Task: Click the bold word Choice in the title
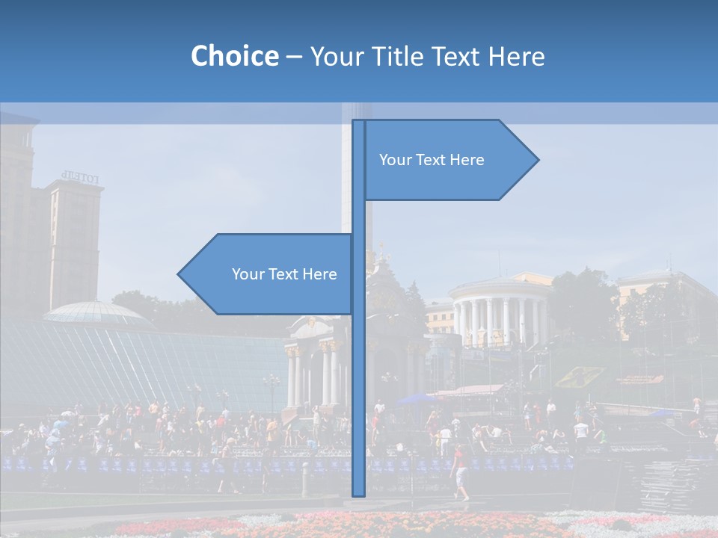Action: [x=234, y=56]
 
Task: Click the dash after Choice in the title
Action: [x=294, y=57]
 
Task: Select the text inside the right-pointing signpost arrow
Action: [x=432, y=160]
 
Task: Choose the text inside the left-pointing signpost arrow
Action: [x=284, y=274]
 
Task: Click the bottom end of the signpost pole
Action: [x=359, y=493]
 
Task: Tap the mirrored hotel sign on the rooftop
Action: [x=80, y=178]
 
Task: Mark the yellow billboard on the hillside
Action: [x=580, y=376]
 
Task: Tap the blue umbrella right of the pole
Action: [x=416, y=399]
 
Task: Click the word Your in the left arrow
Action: [x=247, y=274]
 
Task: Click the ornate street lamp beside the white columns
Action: [x=271, y=389]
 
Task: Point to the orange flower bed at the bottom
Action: [x=419, y=523]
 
